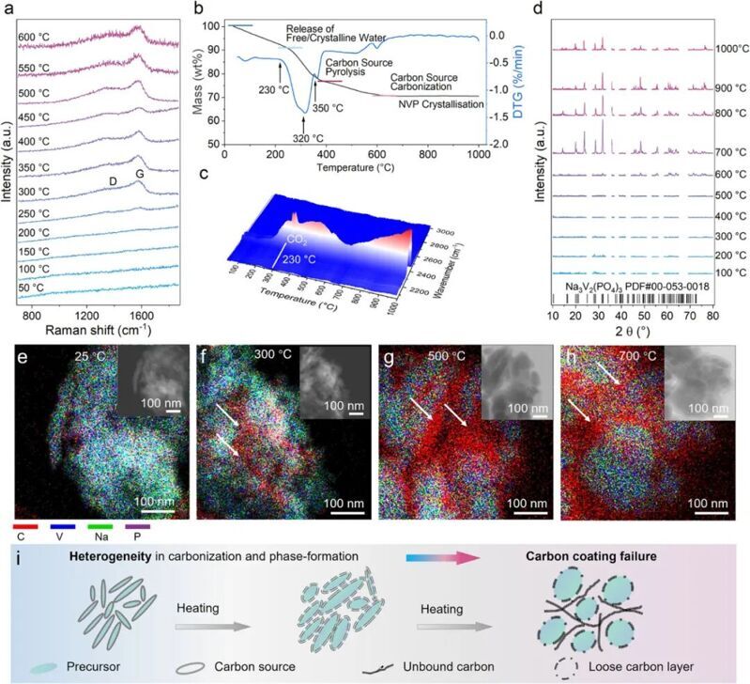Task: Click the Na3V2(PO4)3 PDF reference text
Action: tap(630, 282)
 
